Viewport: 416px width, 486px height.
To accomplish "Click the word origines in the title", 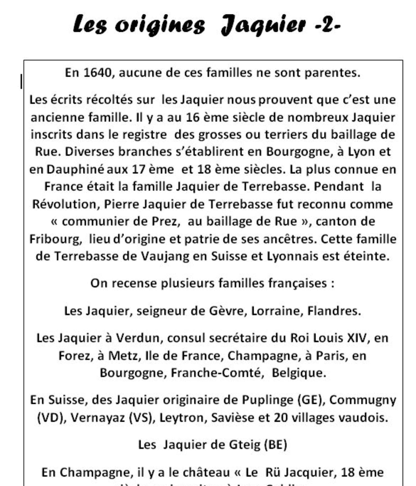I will [x=160, y=25].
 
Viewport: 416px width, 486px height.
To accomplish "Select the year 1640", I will [x=97, y=73].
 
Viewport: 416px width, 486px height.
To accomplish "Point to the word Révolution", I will [x=66, y=204].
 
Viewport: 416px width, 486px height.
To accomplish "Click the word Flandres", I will [x=334, y=311].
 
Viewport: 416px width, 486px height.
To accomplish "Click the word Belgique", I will [x=299, y=373].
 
